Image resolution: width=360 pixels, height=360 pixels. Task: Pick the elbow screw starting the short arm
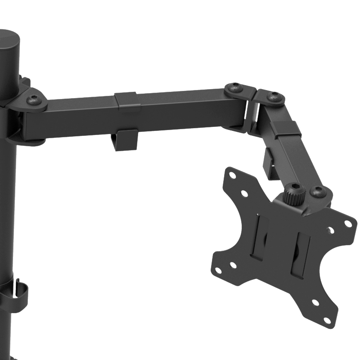pyautogui.click(x=274, y=96)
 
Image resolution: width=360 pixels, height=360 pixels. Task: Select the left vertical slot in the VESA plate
pyautogui.click(x=260, y=238)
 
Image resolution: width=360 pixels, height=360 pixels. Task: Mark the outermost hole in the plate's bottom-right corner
pyautogui.click(x=328, y=320)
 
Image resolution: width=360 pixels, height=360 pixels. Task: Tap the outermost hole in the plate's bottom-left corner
pyautogui.click(x=218, y=270)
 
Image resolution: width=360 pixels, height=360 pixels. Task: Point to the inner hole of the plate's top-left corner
pyautogui.click(x=244, y=193)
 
